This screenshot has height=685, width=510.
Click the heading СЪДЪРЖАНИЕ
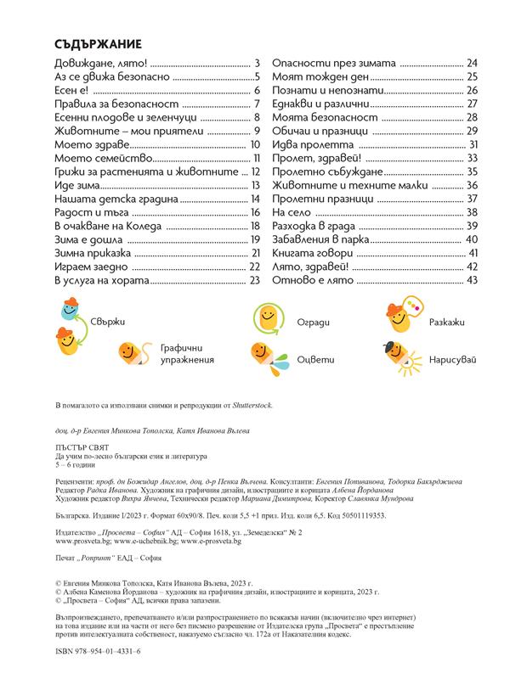click(x=98, y=45)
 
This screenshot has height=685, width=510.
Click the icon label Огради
click(x=313, y=323)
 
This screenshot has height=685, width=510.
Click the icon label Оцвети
click(x=313, y=360)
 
